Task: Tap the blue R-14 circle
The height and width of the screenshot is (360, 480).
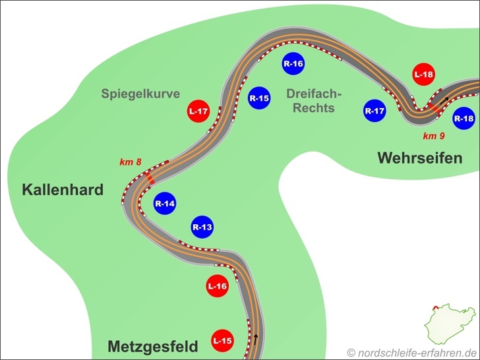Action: (165, 204)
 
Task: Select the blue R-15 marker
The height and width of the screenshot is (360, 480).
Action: (259, 99)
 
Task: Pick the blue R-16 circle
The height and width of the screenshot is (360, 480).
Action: (293, 63)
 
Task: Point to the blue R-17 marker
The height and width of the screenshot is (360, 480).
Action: (375, 111)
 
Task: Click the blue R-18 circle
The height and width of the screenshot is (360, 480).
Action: (464, 119)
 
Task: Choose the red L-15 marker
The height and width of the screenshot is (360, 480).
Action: (222, 341)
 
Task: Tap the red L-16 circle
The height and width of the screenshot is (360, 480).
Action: (218, 286)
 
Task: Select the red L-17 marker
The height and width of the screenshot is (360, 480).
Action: (198, 111)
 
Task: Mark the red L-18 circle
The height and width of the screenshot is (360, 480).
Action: (424, 75)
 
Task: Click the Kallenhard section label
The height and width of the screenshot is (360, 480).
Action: (63, 191)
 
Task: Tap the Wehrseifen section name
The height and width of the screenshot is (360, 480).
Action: (419, 158)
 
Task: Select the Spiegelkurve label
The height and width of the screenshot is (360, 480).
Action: (140, 94)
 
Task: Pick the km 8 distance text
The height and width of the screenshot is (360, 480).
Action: (131, 162)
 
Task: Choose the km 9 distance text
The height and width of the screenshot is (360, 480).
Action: (434, 136)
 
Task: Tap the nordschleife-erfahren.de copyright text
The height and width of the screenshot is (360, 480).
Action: (411, 352)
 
